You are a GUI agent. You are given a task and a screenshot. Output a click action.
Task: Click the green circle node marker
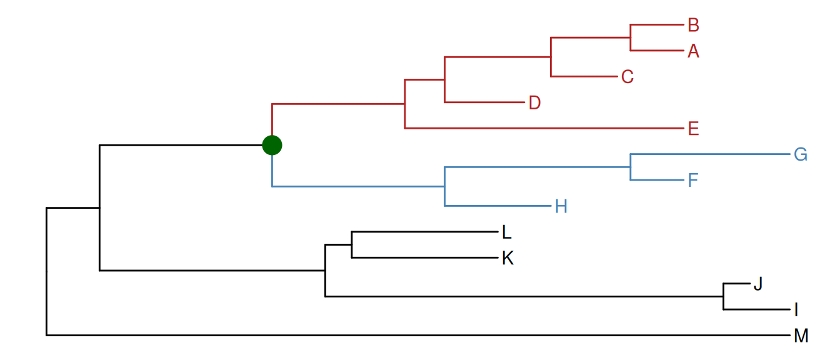pos(272,145)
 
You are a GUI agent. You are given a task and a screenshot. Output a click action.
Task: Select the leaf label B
pos(693,25)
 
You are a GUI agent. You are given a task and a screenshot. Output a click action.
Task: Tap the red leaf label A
pos(693,51)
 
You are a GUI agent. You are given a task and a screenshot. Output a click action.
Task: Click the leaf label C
pos(627,77)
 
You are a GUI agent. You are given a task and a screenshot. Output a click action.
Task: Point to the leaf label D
pos(534,102)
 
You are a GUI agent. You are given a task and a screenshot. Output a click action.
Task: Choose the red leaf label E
pos(692,129)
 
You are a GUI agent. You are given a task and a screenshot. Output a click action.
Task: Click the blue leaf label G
pos(801,154)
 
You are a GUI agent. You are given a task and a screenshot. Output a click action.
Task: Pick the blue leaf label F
pos(692,181)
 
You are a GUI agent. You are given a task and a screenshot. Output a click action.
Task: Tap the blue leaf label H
pos(561,206)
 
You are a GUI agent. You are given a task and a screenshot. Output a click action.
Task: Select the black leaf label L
pos(507,232)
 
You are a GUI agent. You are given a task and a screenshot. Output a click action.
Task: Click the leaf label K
pos(507,258)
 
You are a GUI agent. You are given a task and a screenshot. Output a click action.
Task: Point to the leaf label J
pos(758,284)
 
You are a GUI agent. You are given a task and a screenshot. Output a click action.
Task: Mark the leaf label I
pos(796,309)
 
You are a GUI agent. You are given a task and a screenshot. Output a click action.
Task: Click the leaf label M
pos(801,336)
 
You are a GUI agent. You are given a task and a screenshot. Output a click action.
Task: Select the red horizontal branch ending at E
pos(544,128)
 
